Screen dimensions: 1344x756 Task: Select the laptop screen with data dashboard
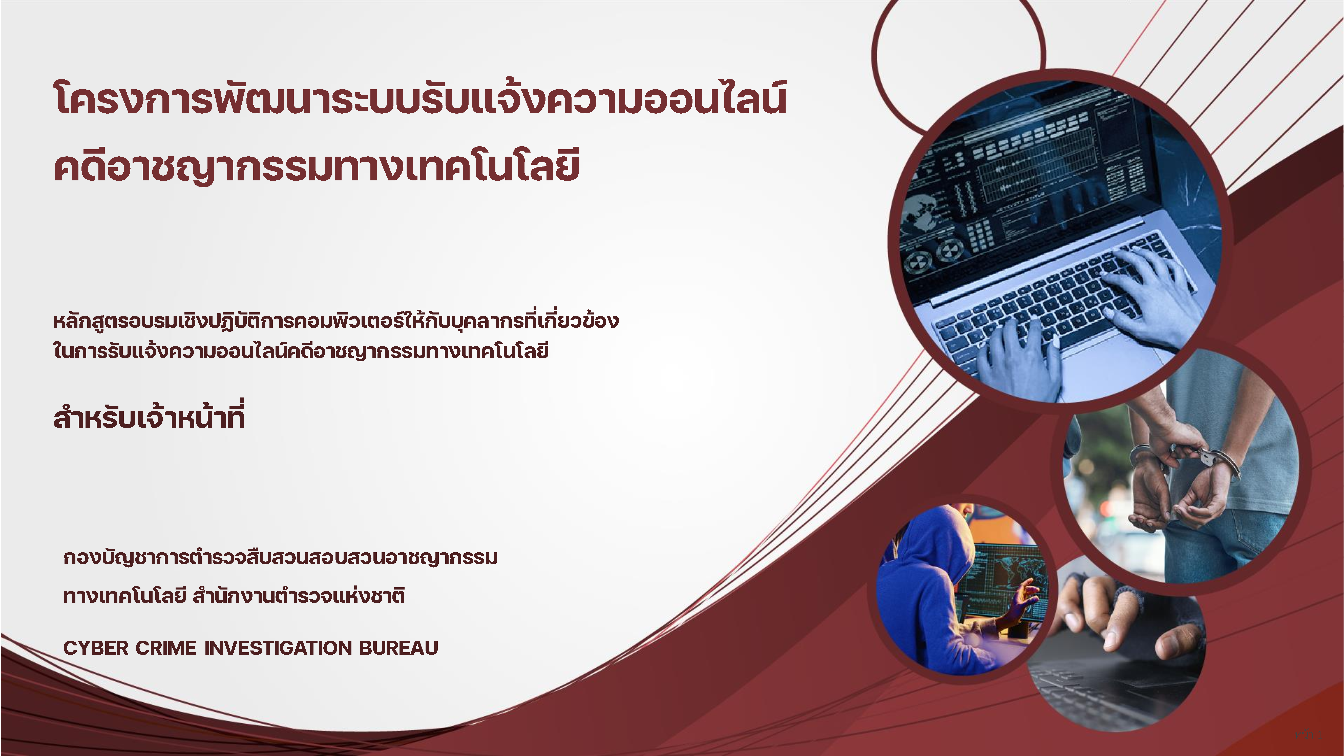tap(1038, 167)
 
